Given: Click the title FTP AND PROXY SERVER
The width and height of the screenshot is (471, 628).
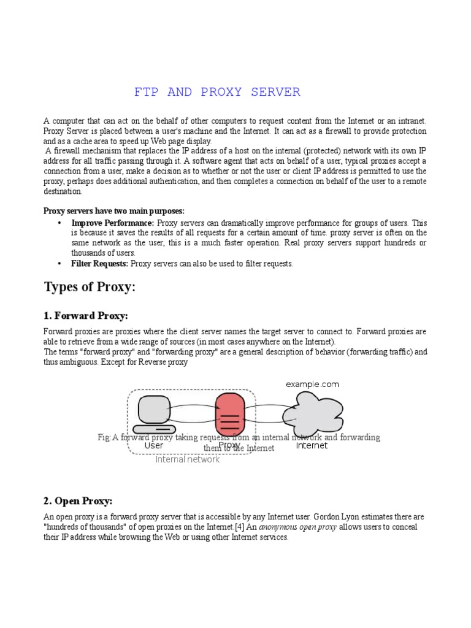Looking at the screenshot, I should [217, 92].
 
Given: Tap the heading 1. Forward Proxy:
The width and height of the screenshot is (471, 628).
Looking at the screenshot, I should [85, 316].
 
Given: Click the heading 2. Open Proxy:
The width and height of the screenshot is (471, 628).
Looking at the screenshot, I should [78, 501].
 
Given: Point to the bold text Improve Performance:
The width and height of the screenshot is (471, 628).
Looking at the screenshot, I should [113, 223].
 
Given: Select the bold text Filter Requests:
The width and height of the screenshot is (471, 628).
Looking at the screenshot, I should [100, 264].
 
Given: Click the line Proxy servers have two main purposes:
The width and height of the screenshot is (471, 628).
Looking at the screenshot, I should [113, 211].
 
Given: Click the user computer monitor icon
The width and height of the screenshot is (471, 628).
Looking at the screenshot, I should [154, 410].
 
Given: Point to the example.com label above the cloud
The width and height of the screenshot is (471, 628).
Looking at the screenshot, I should [312, 384].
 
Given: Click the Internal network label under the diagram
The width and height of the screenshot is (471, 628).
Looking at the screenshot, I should [187, 459].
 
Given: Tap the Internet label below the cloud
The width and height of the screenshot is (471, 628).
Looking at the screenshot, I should [312, 446].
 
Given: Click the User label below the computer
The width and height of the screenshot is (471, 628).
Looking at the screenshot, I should [154, 446].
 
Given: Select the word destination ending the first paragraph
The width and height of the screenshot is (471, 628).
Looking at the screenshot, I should [63, 191].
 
